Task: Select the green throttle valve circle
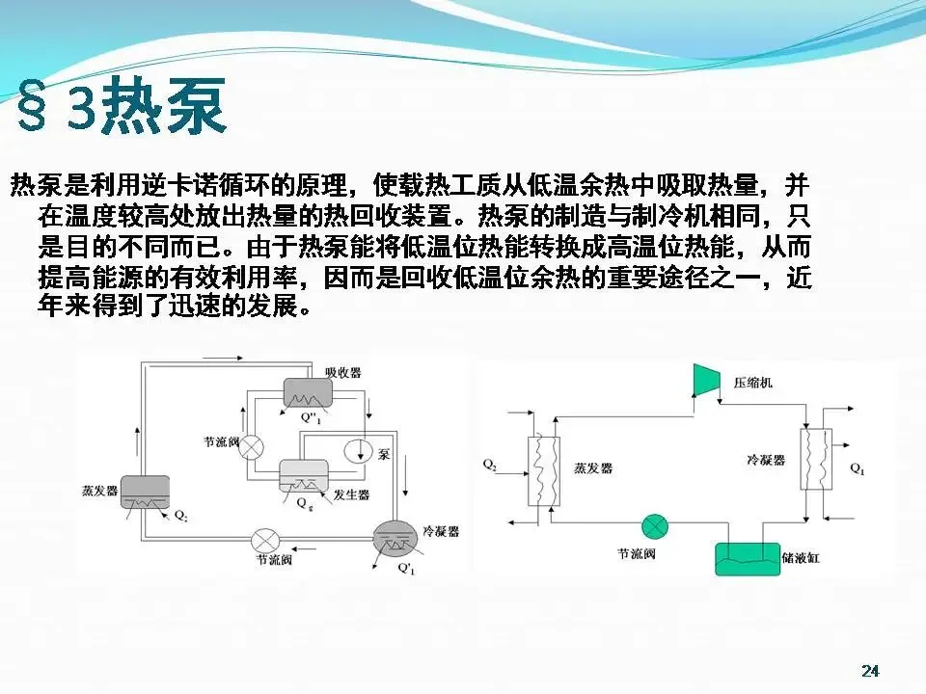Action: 655,525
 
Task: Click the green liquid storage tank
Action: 747,556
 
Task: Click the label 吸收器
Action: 343,372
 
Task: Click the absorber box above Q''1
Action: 308,391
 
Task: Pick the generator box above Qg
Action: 304,475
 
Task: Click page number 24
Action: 870,671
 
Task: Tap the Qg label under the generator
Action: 304,503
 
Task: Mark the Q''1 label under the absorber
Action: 311,418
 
